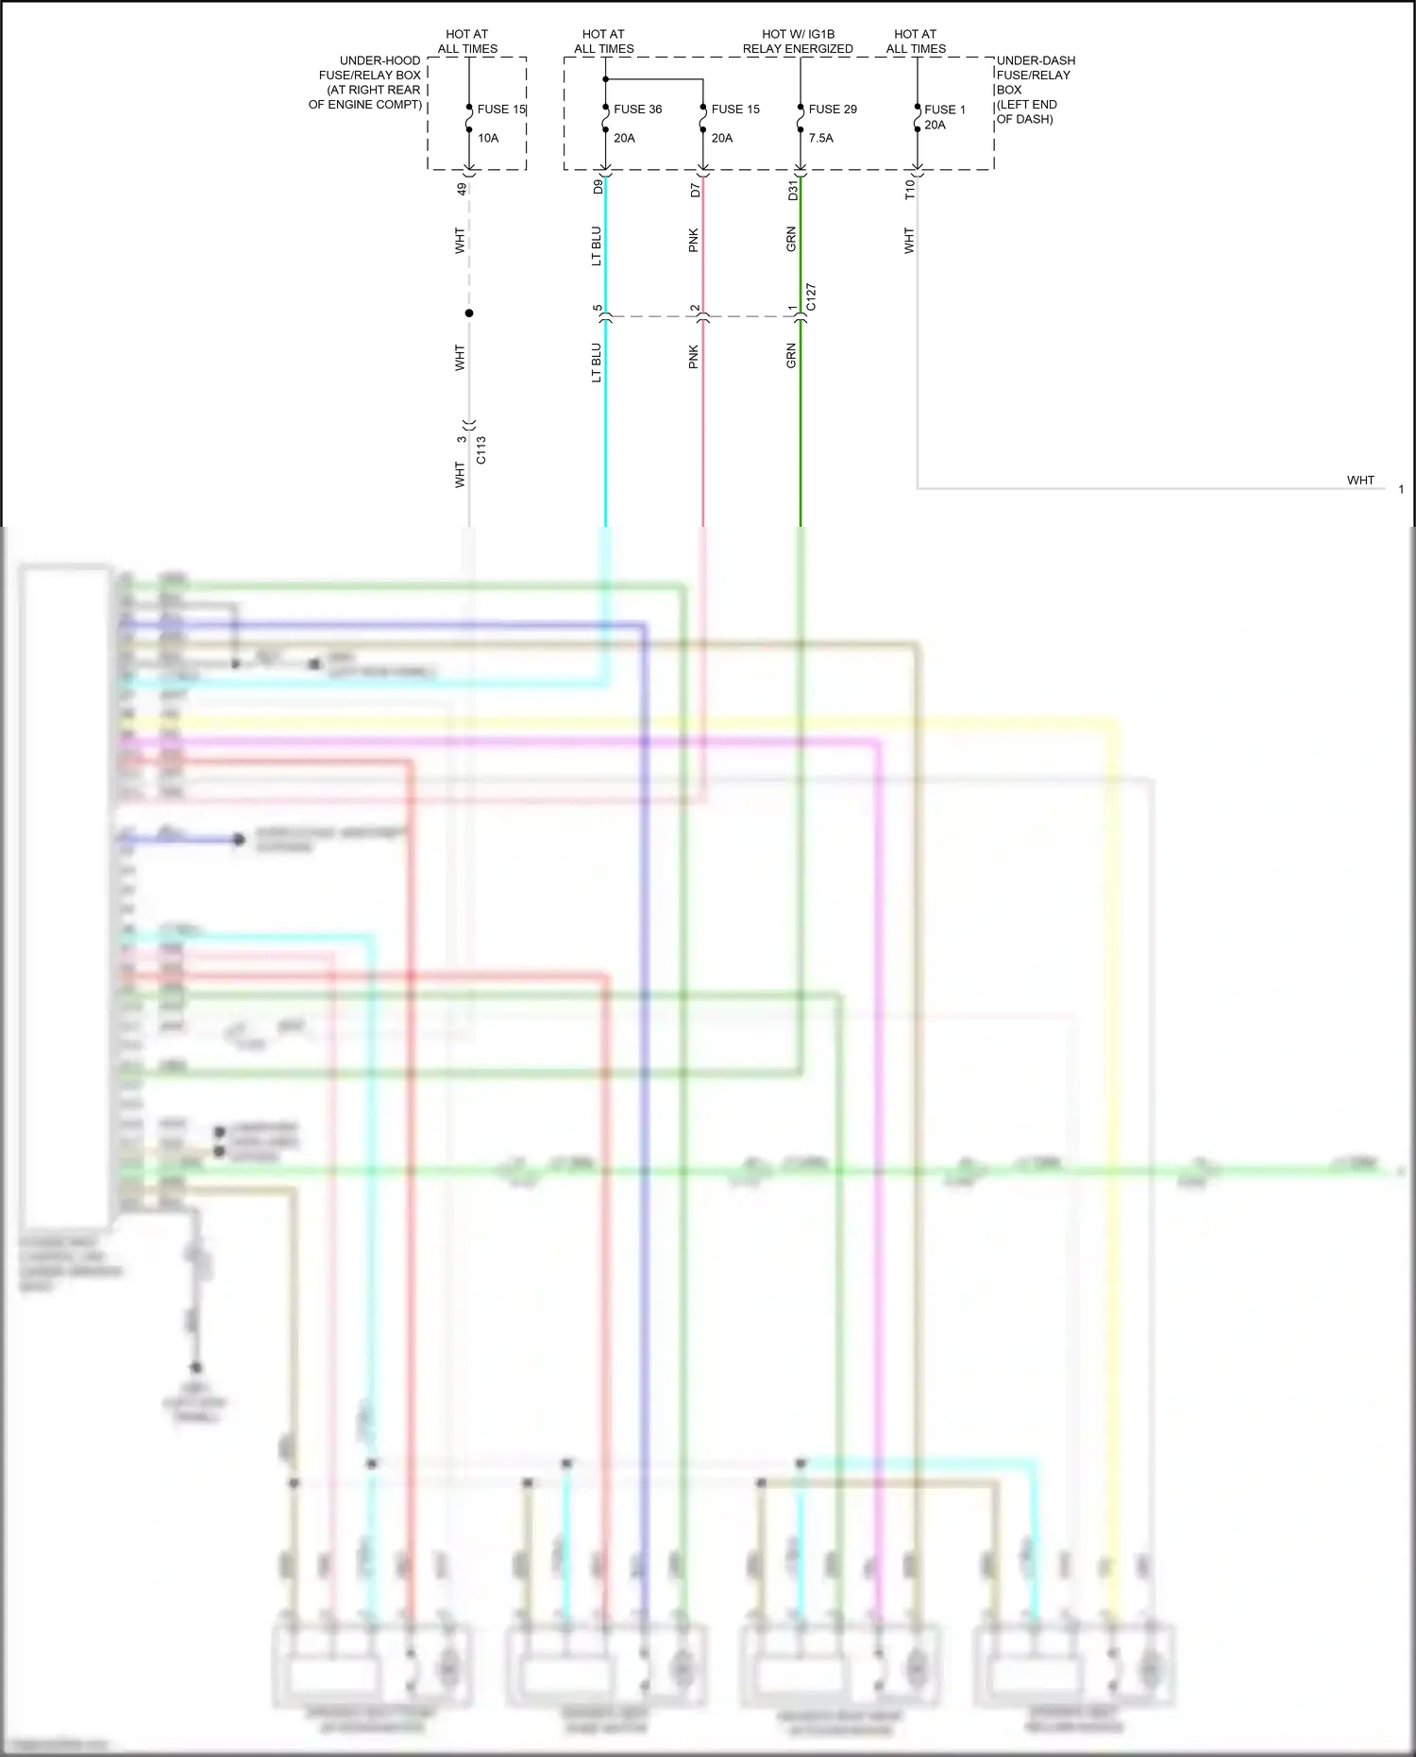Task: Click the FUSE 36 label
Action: [x=637, y=110]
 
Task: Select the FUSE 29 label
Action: [x=833, y=110]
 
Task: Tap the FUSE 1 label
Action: [x=945, y=110]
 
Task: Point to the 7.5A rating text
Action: [x=820, y=138]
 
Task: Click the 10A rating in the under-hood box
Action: [x=488, y=138]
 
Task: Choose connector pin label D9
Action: [x=598, y=187]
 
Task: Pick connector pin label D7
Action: [x=696, y=190]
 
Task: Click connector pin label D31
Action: [x=793, y=190]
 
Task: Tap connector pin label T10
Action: [x=910, y=190]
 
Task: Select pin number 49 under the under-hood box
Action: [x=462, y=189]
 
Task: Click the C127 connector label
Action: [x=812, y=297]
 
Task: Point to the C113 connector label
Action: [x=481, y=449]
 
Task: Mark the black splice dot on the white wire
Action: [x=469, y=313]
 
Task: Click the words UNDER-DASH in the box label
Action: [x=1036, y=60]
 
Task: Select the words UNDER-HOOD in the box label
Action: [x=380, y=60]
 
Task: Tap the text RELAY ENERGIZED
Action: [x=798, y=49]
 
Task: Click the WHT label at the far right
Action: [x=1360, y=481]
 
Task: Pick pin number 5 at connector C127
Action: [x=598, y=309]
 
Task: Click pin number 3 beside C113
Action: [x=462, y=439]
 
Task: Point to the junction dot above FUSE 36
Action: [x=605, y=79]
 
